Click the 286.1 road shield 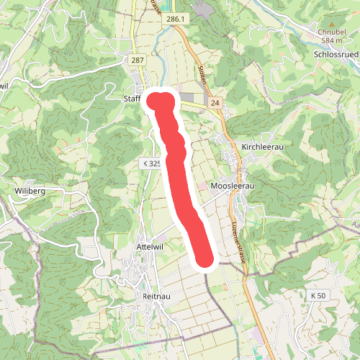[174, 19]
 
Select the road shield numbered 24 [215, 104]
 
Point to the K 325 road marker [151, 164]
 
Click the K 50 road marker [318, 296]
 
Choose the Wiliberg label [30, 191]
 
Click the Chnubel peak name [332, 32]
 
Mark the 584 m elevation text [332, 40]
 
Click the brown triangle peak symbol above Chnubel [332, 24]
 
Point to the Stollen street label [201, 73]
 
